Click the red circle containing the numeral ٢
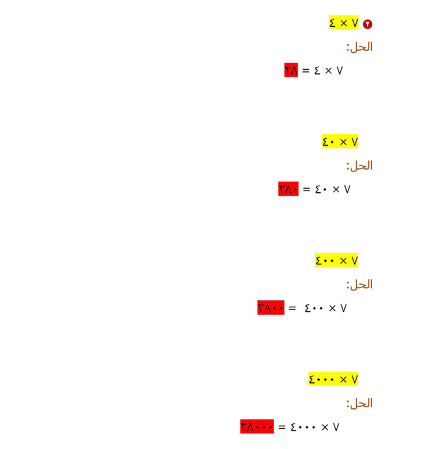click(368, 24)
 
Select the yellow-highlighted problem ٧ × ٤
click(343, 23)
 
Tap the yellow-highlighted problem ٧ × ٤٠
click(340, 141)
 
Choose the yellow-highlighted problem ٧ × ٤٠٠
click(337, 260)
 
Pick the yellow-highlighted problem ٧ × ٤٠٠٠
click(333, 379)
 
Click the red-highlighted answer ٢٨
click(291, 70)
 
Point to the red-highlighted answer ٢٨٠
click(288, 189)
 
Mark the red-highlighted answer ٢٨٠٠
click(271, 307)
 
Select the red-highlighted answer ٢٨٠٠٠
click(257, 426)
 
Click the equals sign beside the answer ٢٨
click(306, 70)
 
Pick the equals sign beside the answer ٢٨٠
click(307, 189)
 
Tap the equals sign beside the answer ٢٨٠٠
click(292, 308)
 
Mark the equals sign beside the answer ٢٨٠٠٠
click(282, 427)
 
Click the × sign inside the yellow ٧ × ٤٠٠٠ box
click(343, 380)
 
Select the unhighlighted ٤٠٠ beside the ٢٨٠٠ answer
click(314, 308)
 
